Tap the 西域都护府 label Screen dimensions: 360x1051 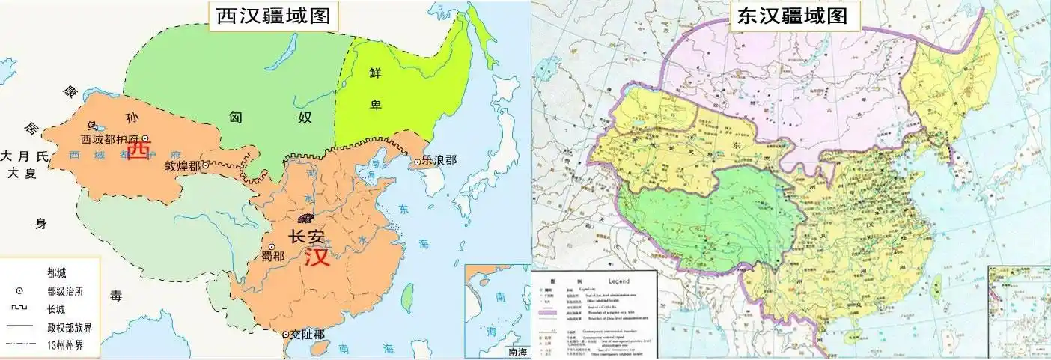tap(111, 139)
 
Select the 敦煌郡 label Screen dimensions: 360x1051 tap(182, 165)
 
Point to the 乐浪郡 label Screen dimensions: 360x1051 tap(439, 160)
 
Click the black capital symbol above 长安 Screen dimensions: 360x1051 tap(305, 218)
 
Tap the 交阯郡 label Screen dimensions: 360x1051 tap(307, 335)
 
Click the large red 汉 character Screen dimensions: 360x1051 tap(317, 257)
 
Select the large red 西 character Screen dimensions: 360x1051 tap(138, 151)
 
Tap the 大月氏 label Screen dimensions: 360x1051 tap(24, 156)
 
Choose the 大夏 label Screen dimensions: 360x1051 tap(22, 172)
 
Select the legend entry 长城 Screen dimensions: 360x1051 tap(57, 308)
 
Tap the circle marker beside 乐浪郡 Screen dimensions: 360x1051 tap(417, 161)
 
